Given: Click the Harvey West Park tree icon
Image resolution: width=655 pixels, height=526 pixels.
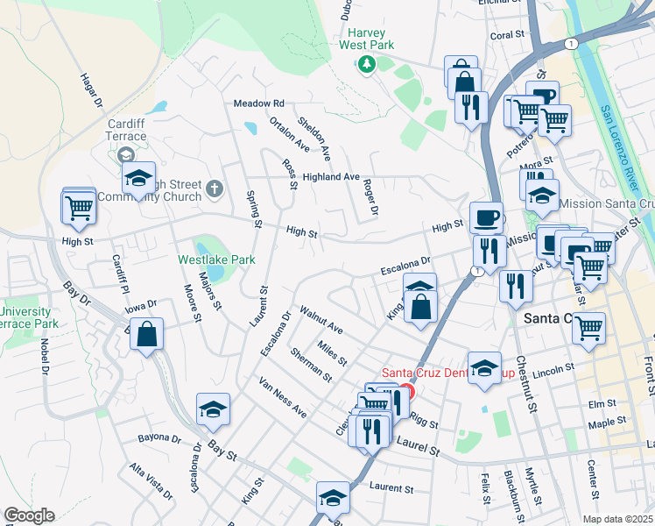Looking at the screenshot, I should (367, 63).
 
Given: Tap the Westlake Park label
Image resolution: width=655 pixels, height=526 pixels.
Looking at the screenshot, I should (216, 259).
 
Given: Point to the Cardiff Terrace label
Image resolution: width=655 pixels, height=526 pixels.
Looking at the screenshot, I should (126, 131).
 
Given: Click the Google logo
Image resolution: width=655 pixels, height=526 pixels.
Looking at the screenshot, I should (29, 515).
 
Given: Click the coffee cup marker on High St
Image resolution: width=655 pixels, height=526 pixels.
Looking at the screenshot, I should (486, 217).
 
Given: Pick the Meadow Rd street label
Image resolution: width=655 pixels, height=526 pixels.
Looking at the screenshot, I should (259, 103).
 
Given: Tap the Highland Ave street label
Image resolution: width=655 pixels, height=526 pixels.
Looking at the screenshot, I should (331, 177).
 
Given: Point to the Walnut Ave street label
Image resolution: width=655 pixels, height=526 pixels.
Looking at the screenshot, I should (320, 320).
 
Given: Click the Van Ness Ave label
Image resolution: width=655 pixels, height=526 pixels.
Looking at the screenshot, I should (282, 397).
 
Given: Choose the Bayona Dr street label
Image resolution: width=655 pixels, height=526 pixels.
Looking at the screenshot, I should (159, 437).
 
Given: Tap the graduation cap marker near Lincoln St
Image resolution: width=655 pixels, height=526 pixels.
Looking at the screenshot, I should (484, 369).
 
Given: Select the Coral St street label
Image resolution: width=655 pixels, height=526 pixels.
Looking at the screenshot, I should (506, 35).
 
